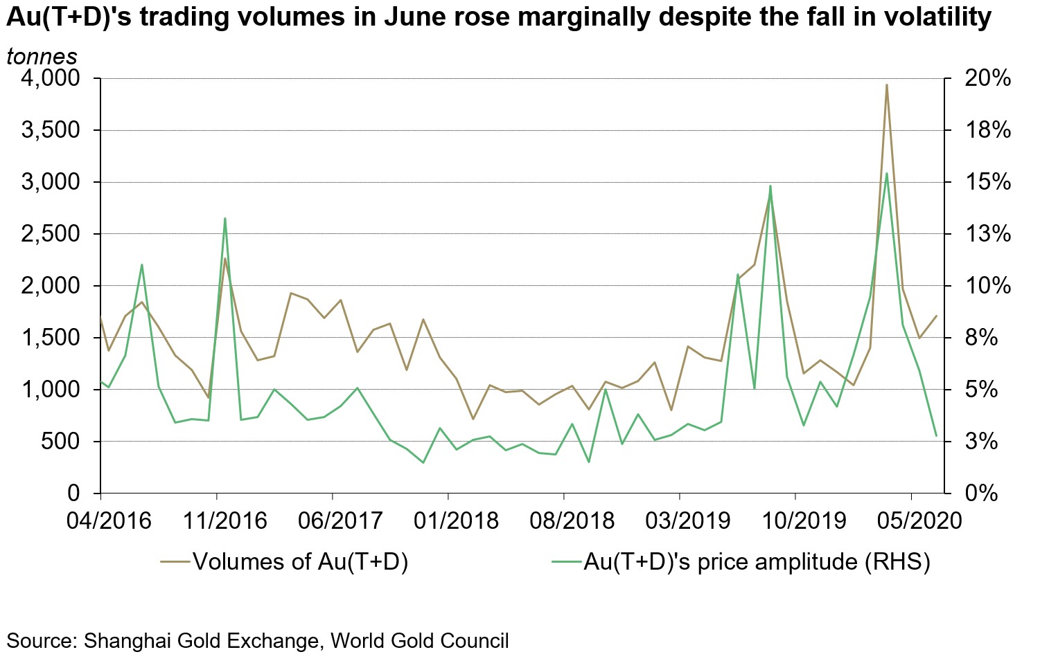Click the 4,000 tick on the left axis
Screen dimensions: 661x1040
(51, 78)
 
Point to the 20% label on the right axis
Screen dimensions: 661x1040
(987, 78)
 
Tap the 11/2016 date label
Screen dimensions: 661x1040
(224, 520)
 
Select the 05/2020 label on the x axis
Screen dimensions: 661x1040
(919, 520)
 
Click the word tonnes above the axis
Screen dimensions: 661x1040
(42, 56)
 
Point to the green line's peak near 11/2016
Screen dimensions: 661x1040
(225, 219)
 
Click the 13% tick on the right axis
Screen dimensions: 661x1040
(987, 234)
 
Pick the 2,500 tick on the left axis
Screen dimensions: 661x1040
(51, 234)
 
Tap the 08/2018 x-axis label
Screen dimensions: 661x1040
(572, 520)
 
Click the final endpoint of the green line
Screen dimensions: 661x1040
(937, 436)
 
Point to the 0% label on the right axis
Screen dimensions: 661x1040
(981, 494)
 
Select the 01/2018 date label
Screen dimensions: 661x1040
(456, 520)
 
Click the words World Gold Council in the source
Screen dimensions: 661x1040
(420, 640)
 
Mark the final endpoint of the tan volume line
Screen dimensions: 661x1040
(937, 316)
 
